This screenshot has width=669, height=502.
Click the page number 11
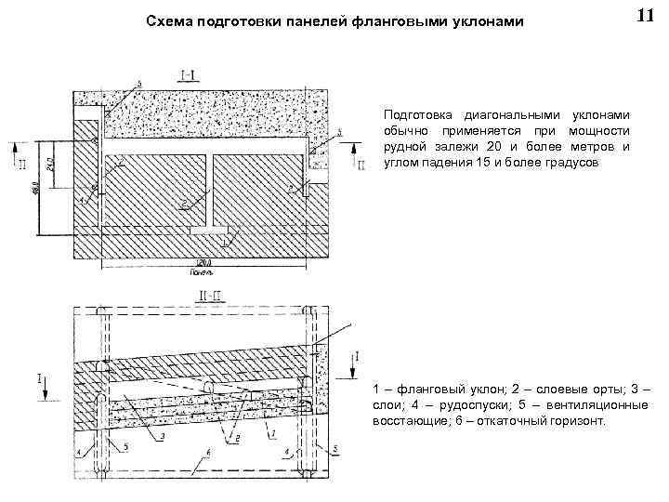coord(645,17)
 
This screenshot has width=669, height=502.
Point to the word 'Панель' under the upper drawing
coord(202,272)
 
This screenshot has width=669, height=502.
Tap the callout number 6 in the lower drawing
coord(209,454)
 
